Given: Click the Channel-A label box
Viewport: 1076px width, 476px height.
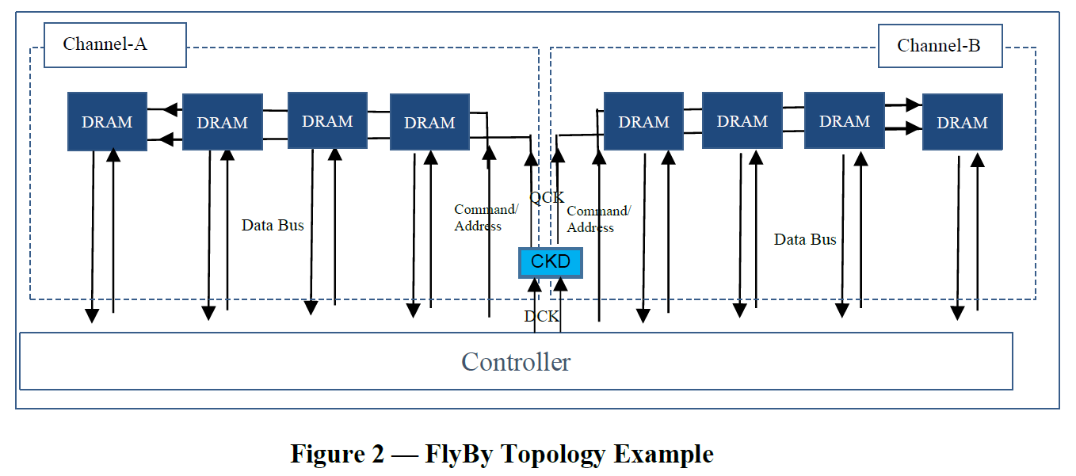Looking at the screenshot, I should coord(114,44).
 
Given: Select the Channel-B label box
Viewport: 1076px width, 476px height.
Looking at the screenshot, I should coord(939,46).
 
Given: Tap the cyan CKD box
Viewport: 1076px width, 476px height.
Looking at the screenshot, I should coord(550,262).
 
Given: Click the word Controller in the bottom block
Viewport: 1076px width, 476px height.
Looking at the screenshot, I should coord(516,362).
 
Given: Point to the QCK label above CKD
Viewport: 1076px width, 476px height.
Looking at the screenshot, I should coord(546,198).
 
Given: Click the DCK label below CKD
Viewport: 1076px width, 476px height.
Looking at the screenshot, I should coord(542,317).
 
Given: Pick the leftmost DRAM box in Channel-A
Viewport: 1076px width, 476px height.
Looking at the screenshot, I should coord(107,121).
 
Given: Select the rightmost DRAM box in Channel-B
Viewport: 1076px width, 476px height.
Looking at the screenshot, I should coord(962,122).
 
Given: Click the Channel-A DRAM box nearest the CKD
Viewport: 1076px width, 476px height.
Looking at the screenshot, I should coord(429,122).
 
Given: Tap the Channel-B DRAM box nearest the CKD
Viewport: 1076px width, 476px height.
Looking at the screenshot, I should coord(643,121).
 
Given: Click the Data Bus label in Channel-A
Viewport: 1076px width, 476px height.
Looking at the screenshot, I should coord(273,226).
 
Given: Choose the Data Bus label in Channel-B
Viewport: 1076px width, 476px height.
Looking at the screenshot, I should coord(805,239).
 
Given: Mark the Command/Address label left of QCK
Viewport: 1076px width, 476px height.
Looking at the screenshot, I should coord(486,218).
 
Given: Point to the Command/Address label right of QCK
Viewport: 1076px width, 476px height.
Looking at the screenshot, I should coord(598,219).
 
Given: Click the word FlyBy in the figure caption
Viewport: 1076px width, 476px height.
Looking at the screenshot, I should coord(460,454).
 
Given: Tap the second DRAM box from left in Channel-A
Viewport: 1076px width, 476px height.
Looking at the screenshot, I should coord(222,122).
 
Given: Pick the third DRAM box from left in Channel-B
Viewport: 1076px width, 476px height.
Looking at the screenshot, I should coord(844,120).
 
